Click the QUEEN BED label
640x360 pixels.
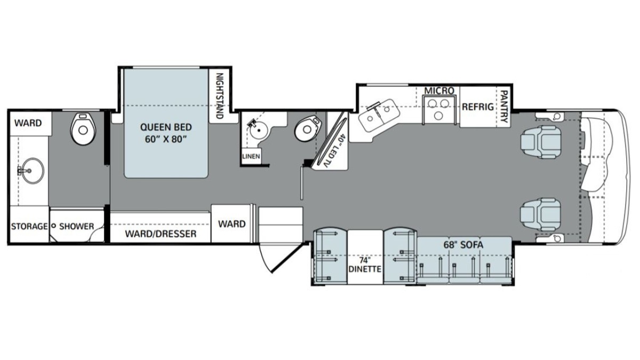pyautogui.click(x=166, y=133)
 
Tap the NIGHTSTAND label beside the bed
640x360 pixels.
pyautogui.click(x=219, y=95)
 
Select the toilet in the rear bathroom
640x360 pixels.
pyautogui.click(x=82, y=128)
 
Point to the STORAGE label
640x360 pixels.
pyautogui.click(x=29, y=226)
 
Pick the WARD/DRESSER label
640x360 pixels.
pyautogui.click(x=161, y=234)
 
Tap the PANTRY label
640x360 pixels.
pyautogui.click(x=503, y=106)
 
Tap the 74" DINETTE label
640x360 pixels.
pyautogui.click(x=365, y=265)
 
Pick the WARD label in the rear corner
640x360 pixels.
pyautogui.click(x=28, y=123)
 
